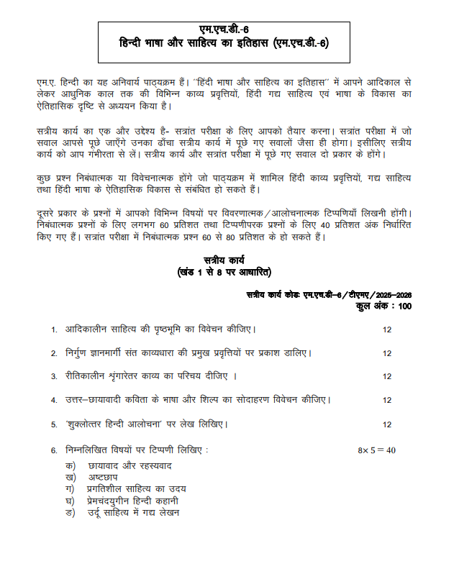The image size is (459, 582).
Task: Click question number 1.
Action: point(54,329)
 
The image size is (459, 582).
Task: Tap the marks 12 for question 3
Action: point(386,376)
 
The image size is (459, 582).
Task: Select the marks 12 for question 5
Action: point(386,424)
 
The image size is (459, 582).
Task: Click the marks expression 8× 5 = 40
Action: point(377,450)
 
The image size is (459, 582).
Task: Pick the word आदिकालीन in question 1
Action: point(90,329)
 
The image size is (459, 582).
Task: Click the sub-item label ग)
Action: point(69,488)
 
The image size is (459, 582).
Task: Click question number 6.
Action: point(54,450)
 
